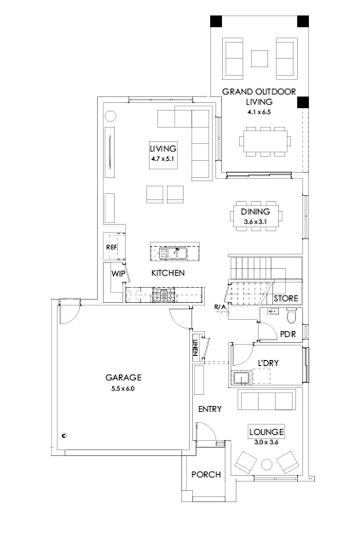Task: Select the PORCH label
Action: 206,474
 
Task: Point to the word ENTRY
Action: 210,409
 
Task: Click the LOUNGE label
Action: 266,432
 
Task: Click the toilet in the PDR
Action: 292,314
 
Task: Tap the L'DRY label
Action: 268,363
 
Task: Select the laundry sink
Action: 240,379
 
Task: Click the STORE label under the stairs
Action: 286,298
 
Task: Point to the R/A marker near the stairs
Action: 220,307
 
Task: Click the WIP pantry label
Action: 118,273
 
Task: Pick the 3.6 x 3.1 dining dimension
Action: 256,222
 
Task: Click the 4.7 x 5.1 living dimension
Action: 163,159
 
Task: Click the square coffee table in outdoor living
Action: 259,58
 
